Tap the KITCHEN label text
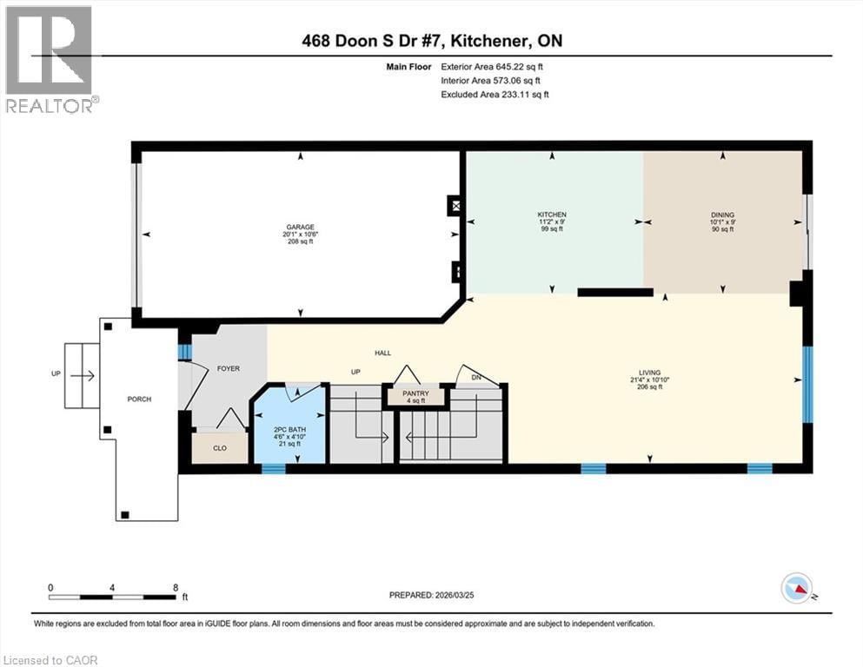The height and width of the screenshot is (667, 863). [x=551, y=215]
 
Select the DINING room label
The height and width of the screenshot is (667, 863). [x=722, y=215]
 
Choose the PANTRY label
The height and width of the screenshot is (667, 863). [x=415, y=393]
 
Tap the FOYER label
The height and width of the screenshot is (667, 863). [x=228, y=368]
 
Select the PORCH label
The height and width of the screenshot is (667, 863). [x=139, y=400]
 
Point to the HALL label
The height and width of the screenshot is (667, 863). [x=382, y=353]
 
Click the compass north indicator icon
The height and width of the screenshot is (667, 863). [x=797, y=589]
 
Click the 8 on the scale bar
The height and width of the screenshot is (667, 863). [x=176, y=587]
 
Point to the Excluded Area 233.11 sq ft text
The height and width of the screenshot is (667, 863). [x=495, y=94]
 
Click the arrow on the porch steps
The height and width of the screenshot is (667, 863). [x=83, y=376]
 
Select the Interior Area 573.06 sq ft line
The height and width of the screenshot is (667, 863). [x=494, y=80]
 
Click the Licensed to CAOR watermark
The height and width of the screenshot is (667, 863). [x=50, y=660]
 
